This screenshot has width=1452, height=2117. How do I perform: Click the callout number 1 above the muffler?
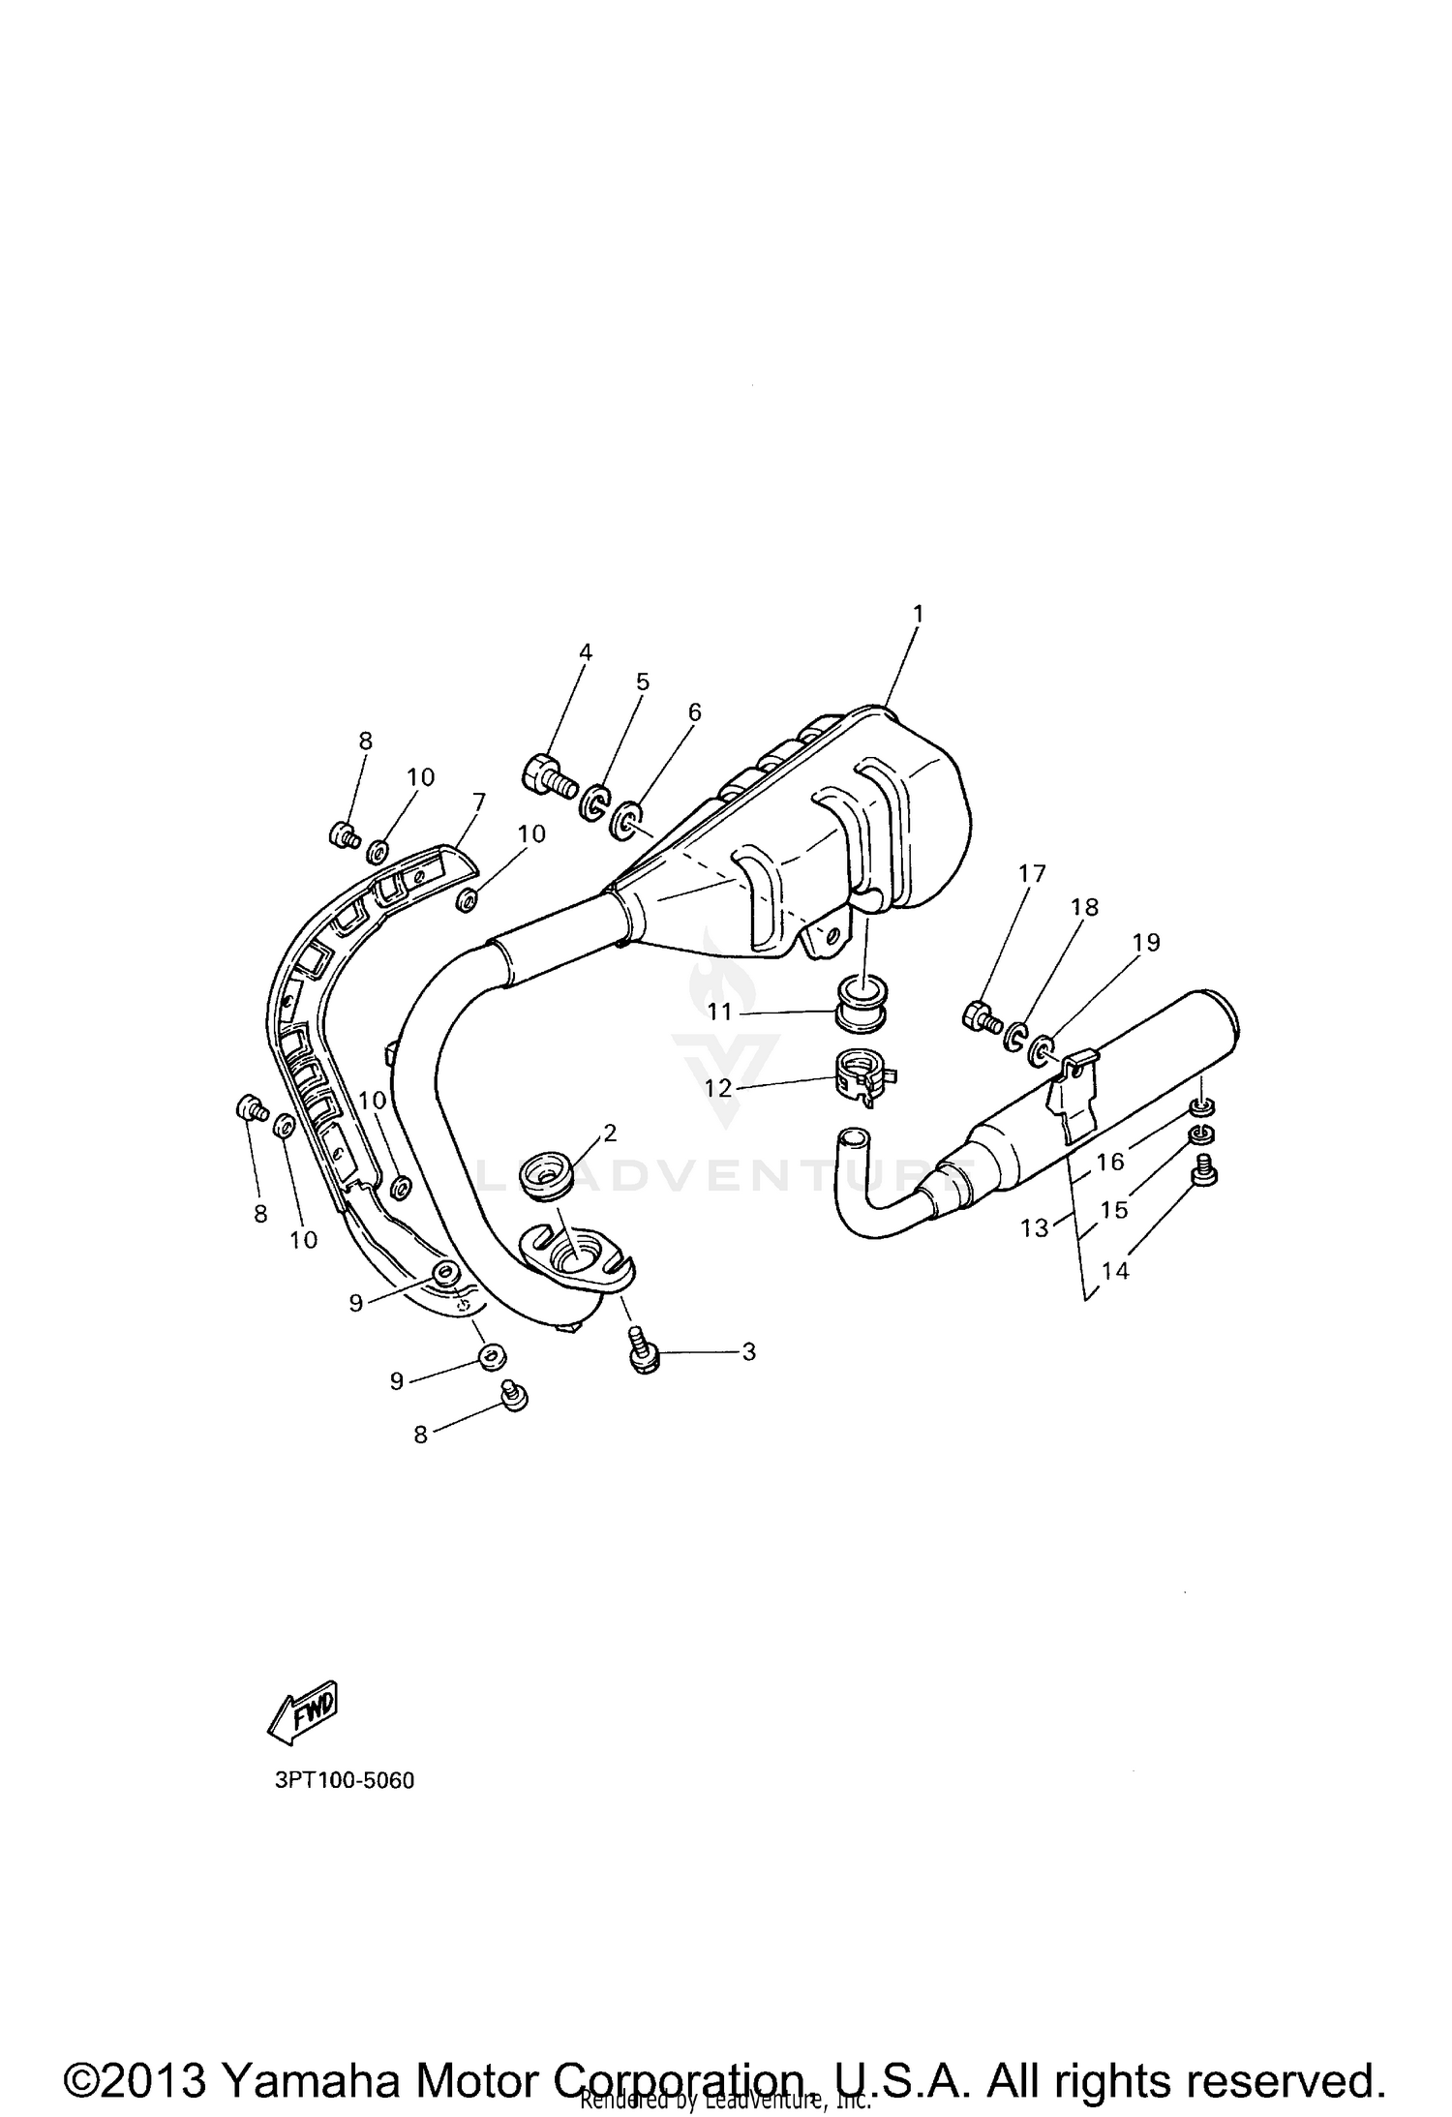[x=918, y=614]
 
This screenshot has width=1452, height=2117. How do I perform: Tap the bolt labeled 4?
[x=549, y=774]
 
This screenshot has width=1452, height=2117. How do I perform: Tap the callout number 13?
[x=1035, y=1227]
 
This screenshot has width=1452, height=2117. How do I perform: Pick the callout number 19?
[x=1146, y=942]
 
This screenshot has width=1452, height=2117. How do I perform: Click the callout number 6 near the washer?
[x=693, y=711]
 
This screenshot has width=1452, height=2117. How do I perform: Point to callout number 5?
[x=643, y=681]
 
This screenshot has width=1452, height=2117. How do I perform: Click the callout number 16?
[x=1109, y=1161]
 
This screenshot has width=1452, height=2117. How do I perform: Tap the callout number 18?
[x=1084, y=907]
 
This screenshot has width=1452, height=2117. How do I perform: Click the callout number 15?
[x=1114, y=1210]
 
